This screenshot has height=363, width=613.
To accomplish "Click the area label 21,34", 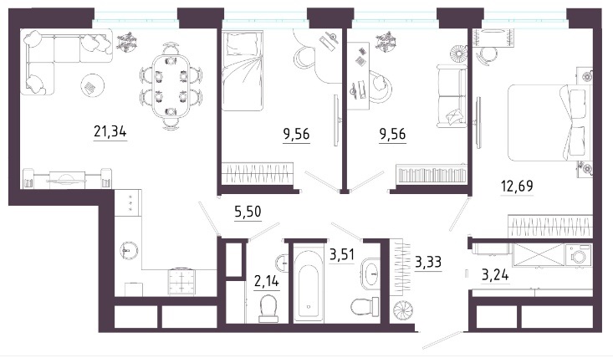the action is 110,131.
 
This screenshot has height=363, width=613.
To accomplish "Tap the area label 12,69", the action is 517,186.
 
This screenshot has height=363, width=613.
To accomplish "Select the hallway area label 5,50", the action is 248,212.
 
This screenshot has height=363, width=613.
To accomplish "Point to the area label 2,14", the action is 267,280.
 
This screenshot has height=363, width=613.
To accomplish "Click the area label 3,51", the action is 342,254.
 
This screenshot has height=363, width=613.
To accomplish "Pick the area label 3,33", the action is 428,262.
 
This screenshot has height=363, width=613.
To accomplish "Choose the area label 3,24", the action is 495,274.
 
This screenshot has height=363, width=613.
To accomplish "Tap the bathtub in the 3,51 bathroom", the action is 309,283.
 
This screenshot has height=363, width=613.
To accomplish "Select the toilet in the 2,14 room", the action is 268,309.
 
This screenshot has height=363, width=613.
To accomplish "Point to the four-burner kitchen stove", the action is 181,281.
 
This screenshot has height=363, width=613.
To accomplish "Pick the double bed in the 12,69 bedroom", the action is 549,122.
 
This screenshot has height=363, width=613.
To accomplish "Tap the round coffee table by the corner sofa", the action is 93,84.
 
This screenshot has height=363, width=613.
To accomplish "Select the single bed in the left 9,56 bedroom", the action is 243,71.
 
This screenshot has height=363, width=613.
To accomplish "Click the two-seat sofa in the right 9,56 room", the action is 452,96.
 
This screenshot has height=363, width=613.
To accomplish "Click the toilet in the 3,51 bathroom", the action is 365,306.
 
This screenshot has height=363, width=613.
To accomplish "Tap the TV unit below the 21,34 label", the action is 67,178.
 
